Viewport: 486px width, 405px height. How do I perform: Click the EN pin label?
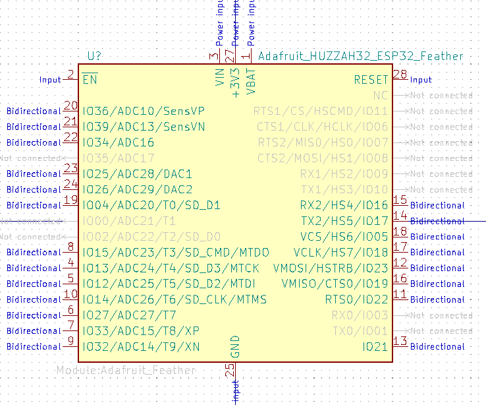(x=90, y=80)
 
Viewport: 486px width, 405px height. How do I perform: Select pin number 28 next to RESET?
(x=400, y=74)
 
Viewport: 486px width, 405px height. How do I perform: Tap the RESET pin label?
(x=371, y=80)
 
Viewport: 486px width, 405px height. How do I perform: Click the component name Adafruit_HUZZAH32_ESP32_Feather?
(x=360, y=56)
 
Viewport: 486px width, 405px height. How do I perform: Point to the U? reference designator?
(x=95, y=56)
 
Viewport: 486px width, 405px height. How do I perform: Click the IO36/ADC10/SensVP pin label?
(x=143, y=111)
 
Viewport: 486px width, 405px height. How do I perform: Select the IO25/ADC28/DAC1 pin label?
(x=137, y=173)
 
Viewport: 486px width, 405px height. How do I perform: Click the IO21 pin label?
(x=375, y=346)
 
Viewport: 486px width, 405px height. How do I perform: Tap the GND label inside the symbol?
(x=236, y=346)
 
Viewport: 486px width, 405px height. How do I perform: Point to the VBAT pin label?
(x=251, y=77)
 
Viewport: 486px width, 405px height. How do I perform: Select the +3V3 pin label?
(x=236, y=81)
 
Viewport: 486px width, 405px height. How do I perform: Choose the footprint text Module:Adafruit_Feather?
(x=126, y=370)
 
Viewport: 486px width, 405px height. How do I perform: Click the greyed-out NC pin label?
(x=381, y=96)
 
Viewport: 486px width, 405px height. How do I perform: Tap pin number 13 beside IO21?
(x=400, y=341)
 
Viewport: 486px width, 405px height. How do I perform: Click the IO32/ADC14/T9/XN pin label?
(x=141, y=346)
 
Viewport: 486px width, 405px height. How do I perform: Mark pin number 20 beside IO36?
(x=70, y=106)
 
